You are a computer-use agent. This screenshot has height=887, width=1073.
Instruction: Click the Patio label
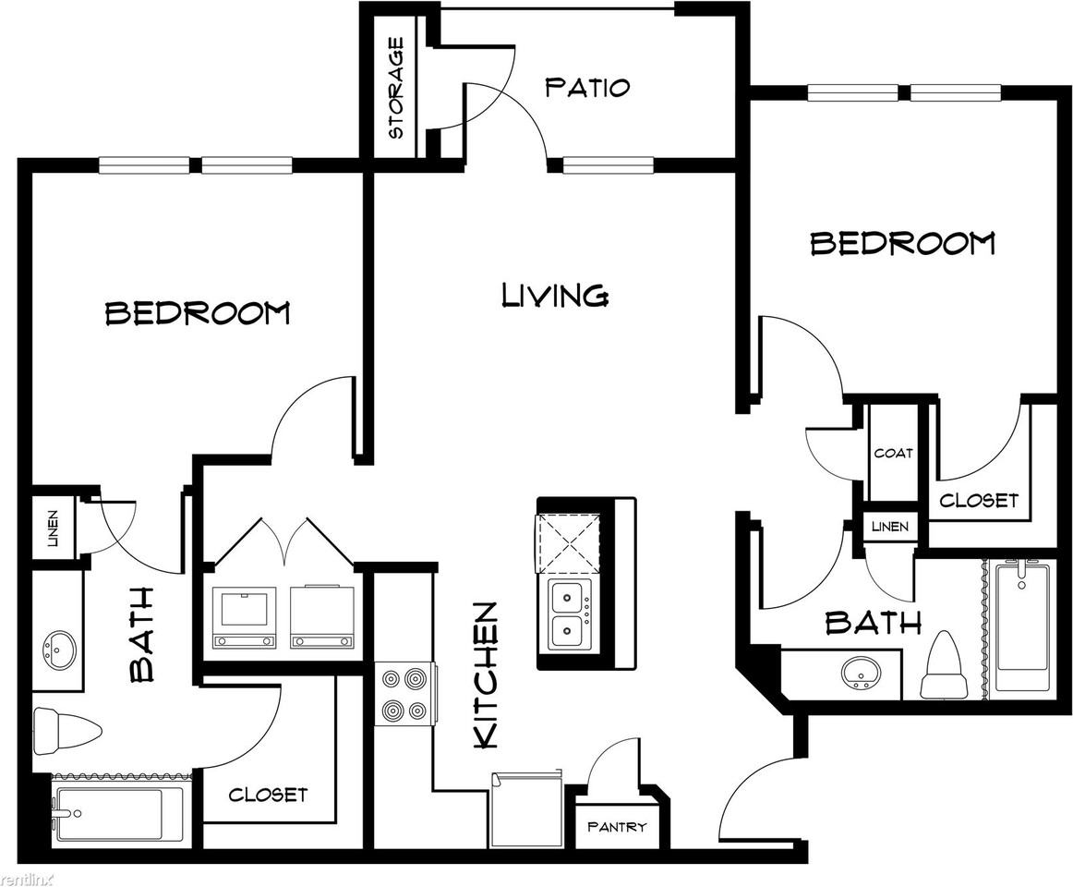pos(587,88)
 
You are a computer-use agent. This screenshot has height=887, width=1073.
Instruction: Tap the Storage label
pos(396,88)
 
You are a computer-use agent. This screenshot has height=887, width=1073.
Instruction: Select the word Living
pos(555,296)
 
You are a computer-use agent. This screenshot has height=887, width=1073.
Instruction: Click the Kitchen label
pos(487,675)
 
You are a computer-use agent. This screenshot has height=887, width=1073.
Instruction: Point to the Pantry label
pos(617,827)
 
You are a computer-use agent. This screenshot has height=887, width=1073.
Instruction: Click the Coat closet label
pos(893,453)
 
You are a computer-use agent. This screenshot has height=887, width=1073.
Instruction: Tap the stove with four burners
pos(404,695)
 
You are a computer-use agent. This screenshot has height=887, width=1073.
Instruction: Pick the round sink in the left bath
pos(61,649)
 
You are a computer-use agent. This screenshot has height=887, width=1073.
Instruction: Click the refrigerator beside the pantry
pos(525,811)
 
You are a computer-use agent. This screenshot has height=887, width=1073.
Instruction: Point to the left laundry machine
pos(244,615)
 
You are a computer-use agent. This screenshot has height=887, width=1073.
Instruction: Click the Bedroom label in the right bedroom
pos(902,243)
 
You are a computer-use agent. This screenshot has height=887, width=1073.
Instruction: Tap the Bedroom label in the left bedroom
pos(198,313)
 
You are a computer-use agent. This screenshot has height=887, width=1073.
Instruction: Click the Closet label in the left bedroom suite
pos(268,795)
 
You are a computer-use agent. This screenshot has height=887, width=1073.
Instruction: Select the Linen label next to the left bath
pos(51,529)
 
